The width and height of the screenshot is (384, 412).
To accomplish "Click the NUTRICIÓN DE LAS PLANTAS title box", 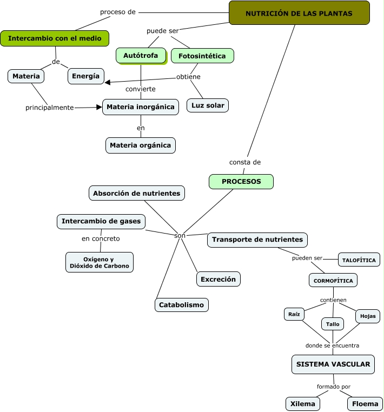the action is coord(299,13).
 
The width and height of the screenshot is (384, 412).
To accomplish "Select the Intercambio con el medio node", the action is coord(55,38).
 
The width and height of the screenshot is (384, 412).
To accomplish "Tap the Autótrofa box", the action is coord(141,56).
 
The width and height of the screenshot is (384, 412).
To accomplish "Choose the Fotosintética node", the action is coord(202,56).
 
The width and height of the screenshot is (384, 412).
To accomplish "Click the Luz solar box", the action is coord(208,105).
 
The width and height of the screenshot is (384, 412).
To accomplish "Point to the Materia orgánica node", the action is coord(141,145).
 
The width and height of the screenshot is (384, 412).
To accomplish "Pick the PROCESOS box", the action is coord(241,182).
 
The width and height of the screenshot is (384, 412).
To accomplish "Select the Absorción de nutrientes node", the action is coord(137,193).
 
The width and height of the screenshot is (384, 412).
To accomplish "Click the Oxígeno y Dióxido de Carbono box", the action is coord(100,262).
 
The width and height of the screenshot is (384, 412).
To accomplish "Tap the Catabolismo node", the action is coord(181,305).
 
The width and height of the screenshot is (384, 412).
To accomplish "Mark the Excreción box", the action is coord(218,279).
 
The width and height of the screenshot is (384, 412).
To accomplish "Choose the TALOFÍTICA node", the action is coord(359,260).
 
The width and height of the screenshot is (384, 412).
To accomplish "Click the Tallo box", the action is coord(333,324).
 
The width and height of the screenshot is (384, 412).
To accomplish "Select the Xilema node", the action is coord(302,404).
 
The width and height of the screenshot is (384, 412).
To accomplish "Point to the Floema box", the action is coord(365,404).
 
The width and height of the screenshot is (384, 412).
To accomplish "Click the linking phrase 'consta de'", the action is coord(245,162).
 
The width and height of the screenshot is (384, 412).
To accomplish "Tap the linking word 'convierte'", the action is coord(141,89).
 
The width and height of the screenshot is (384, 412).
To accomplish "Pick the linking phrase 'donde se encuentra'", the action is coord(332,345).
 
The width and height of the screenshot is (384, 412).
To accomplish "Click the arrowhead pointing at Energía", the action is coord(108,83).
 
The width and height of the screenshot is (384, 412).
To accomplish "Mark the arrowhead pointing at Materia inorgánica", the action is coord(99,107).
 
